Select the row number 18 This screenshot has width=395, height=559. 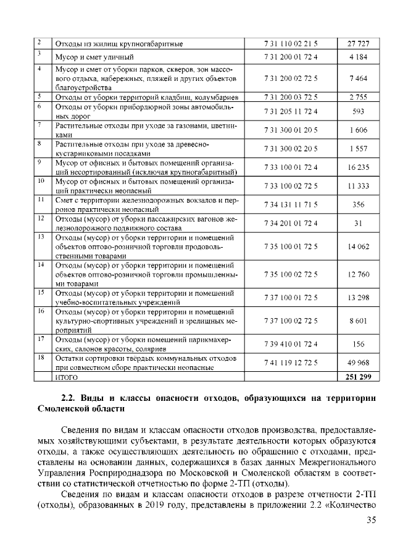pyautogui.click(x=41, y=358)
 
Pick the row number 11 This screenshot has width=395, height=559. pyautogui.click(x=41, y=200)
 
